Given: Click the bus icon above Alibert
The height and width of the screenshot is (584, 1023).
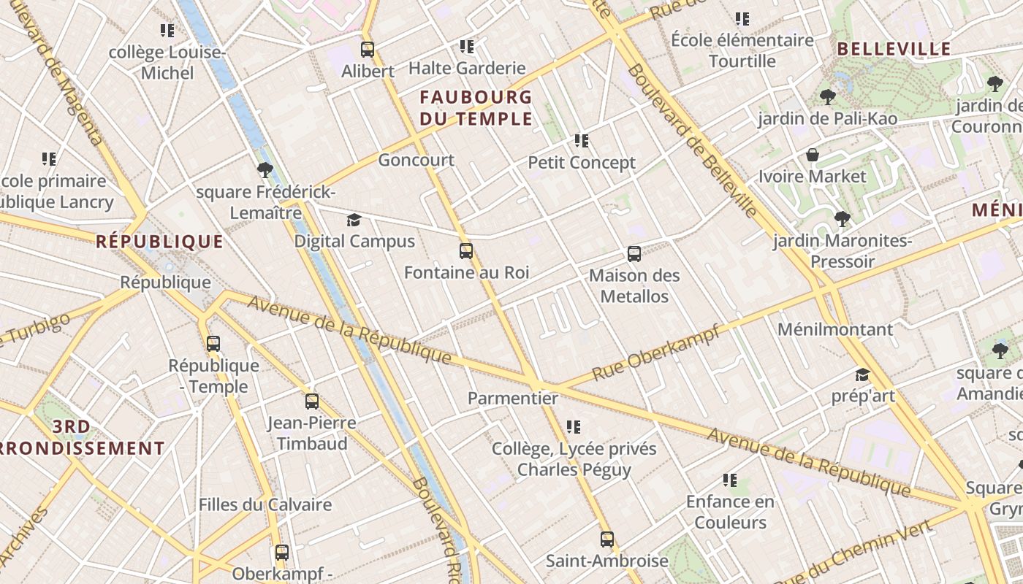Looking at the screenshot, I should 368,50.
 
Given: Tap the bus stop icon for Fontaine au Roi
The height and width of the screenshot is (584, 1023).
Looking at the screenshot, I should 466,251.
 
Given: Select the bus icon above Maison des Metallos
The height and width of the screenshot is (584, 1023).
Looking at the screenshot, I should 634,254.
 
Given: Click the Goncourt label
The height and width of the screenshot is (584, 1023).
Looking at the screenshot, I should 416,160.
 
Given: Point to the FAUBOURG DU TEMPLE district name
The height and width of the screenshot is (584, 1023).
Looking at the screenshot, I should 476,108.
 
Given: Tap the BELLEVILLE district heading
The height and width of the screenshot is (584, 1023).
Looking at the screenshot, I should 894,49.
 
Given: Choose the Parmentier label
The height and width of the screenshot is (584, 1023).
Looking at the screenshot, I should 512,399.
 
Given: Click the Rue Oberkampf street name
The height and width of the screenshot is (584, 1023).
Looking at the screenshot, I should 655,353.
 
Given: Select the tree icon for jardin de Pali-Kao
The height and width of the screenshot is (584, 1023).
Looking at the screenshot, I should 827,96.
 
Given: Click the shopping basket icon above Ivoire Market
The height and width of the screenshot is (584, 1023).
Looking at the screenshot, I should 812,155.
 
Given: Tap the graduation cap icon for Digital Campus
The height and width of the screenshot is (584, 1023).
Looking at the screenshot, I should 354,220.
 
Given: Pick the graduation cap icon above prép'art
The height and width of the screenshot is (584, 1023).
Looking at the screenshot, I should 862,375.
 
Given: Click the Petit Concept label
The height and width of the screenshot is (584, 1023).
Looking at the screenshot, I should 582,162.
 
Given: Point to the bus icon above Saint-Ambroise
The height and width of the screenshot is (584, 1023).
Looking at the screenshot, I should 606,539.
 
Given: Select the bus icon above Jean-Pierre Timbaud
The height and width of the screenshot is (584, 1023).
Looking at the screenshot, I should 312,401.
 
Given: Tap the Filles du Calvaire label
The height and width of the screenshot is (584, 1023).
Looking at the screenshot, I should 265,504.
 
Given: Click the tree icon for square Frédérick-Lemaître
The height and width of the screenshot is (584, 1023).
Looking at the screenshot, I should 265,171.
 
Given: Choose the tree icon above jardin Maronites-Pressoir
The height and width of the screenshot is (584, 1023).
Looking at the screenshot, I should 842,218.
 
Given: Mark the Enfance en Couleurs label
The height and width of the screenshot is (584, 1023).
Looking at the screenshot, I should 730,512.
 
